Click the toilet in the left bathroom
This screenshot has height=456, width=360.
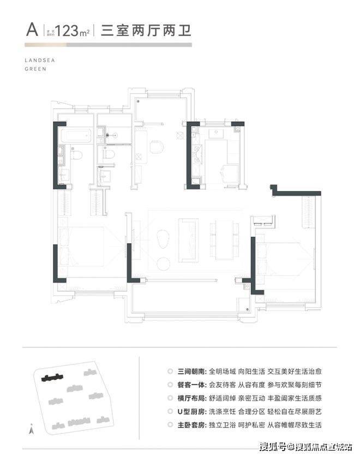tap(76, 155)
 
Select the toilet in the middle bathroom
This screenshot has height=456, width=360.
tap(110, 154)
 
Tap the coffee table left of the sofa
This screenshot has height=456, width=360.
tap(163, 239)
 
